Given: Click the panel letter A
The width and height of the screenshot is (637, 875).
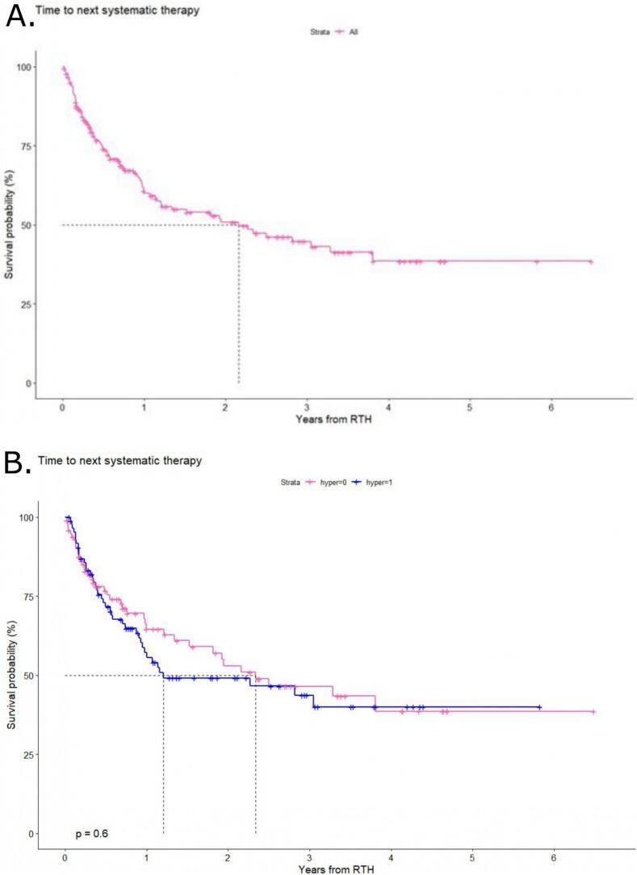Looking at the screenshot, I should tap(20, 15).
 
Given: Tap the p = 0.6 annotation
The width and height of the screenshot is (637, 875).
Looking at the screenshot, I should tap(90, 833).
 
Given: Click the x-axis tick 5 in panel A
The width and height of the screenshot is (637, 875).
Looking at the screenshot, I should tap(469, 407).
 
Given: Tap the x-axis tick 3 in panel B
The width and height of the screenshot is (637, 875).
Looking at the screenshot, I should tap(309, 856).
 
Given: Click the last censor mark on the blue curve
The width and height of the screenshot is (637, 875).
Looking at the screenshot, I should tap(539, 707).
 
